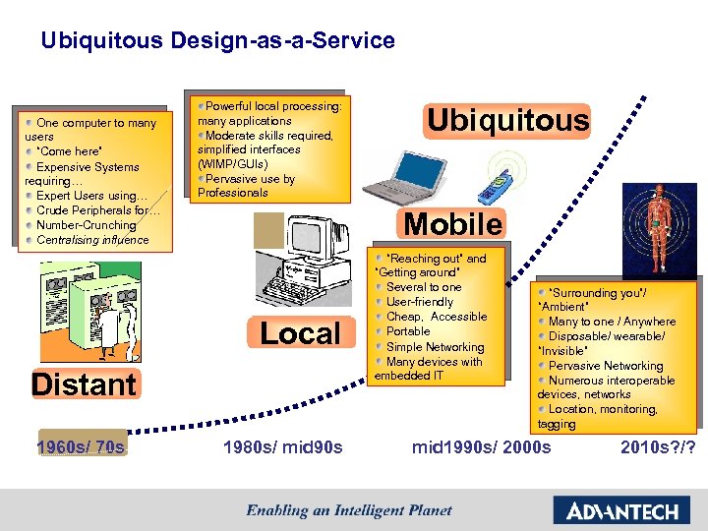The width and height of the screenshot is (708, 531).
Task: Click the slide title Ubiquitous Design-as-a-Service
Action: coord(217,41)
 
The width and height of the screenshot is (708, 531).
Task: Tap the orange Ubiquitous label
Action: coord(506,121)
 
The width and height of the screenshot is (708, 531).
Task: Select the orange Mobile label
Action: coord(452,224)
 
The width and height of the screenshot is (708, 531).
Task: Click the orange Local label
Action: coord(300,333)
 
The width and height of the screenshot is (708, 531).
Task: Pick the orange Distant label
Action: coord(84,383)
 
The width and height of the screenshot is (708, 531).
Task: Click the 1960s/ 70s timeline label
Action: coord(82,448)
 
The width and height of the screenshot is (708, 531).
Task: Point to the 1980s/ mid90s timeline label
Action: coord(283,448)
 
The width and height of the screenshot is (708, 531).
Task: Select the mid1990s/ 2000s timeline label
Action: coord(482,448)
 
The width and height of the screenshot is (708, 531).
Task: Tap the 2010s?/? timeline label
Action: coord(658,448)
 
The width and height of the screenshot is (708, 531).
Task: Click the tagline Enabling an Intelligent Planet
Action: coord(349,509)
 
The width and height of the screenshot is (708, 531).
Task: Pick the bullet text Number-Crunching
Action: coord(86,225)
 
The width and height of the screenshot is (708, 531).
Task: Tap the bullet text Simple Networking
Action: coord(436,347)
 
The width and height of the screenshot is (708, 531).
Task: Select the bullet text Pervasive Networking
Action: coord(606,366)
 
